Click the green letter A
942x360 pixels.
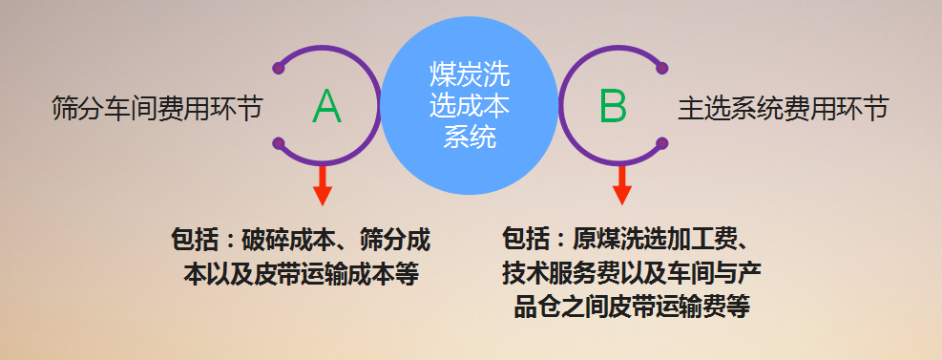326,106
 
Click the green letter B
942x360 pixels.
613,106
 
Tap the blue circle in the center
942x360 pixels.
470,106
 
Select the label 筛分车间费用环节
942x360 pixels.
157,108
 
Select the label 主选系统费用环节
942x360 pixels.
784,110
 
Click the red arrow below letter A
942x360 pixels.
323,185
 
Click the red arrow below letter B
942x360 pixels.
621,185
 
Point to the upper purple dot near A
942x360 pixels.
278,68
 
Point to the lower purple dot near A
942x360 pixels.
278,143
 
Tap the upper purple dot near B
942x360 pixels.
662,68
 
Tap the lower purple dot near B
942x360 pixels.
662,143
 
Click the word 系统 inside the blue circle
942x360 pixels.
470,137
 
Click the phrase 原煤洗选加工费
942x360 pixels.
653,241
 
